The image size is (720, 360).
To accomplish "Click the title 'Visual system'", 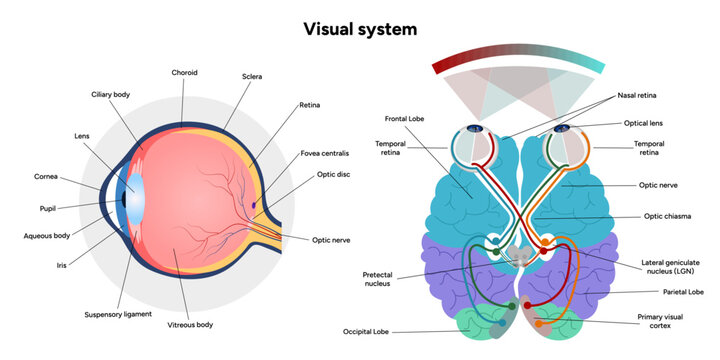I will [360, 29].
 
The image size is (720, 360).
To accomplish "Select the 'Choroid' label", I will [185, 72].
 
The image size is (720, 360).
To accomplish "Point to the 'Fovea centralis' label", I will [324, 154].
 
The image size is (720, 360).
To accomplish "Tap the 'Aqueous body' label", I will [46, 236].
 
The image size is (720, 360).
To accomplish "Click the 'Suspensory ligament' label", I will [118, 314].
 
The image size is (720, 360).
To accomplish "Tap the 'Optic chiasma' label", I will [667, 216].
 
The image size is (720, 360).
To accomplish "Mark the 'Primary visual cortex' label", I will [666, 320].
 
